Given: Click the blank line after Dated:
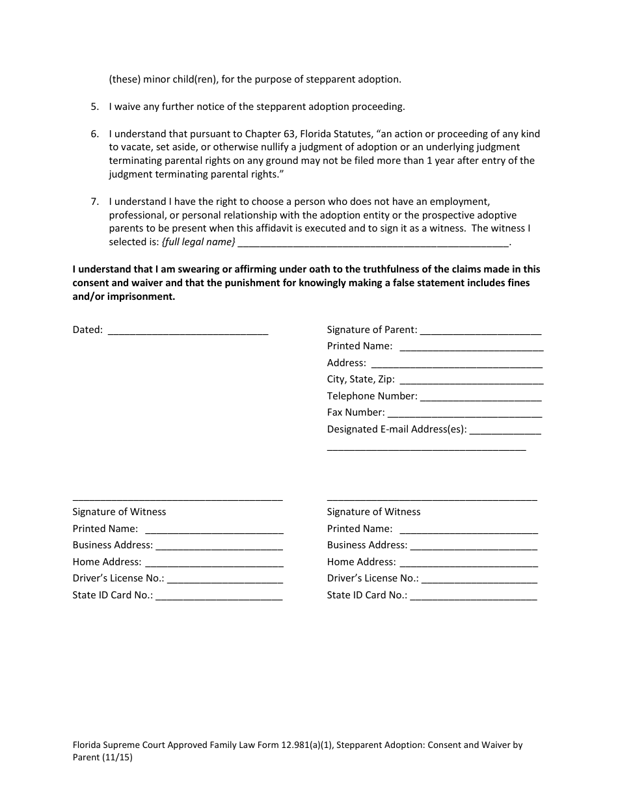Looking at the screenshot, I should coord(187,330).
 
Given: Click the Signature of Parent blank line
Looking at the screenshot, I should coord(481,330).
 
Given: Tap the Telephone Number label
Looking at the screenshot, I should coord(371,395).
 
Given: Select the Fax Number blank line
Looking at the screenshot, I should coord(464,412).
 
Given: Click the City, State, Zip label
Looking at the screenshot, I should coord(360,379).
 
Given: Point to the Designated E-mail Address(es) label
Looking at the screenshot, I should coord(397,429).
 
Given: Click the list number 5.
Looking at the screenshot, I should coord(94,107).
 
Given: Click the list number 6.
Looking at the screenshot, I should coord(94,134).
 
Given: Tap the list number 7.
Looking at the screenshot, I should coord(94,202).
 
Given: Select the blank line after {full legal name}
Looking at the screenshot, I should coord(373,243).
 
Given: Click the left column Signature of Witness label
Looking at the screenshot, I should coord(119,512).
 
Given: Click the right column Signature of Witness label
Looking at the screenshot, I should coord(373,512).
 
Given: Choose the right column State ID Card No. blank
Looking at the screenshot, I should coord(474,595).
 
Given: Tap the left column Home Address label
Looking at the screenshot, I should coord(107,562).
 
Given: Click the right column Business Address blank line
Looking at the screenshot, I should coord(474,546).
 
